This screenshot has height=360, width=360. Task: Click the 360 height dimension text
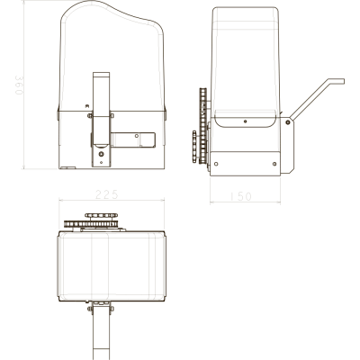click(x=19, y=85)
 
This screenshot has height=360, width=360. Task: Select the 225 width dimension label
click(x=107, y=194)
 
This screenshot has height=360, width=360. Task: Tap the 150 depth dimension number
click(x=240, y=196)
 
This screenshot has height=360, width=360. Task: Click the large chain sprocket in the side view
click(x=203, y=125)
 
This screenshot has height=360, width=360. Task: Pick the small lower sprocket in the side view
click(x=194, y=147)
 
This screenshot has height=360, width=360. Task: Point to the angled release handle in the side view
click(x=318, y=99)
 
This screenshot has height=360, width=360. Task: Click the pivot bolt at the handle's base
click(x=288, y=122)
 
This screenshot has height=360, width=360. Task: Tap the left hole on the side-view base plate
click(x=216, y=164)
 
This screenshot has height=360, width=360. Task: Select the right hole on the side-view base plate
click(x=274, y=164)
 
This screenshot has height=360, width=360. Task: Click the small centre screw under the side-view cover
click(x=246, y=121)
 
